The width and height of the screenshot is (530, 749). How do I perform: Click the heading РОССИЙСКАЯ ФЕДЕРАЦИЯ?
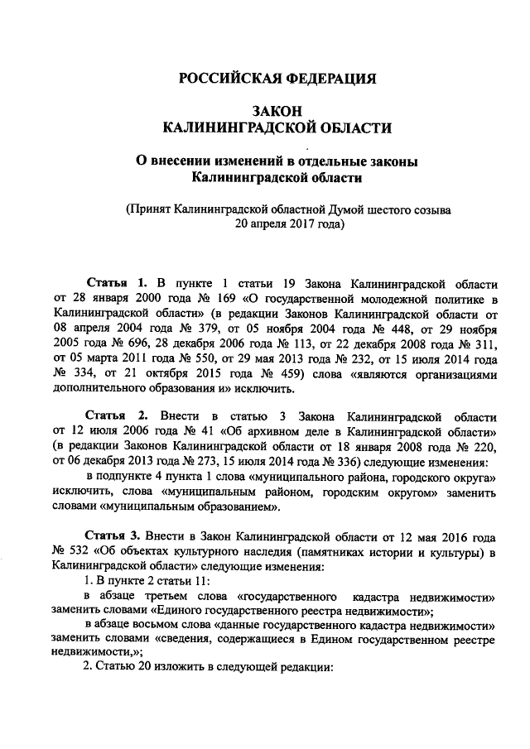click(278, 79)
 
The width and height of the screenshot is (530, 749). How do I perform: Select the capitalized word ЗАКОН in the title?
click(277, 111)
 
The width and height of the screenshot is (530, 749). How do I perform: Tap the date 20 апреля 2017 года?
click(288, 223)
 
